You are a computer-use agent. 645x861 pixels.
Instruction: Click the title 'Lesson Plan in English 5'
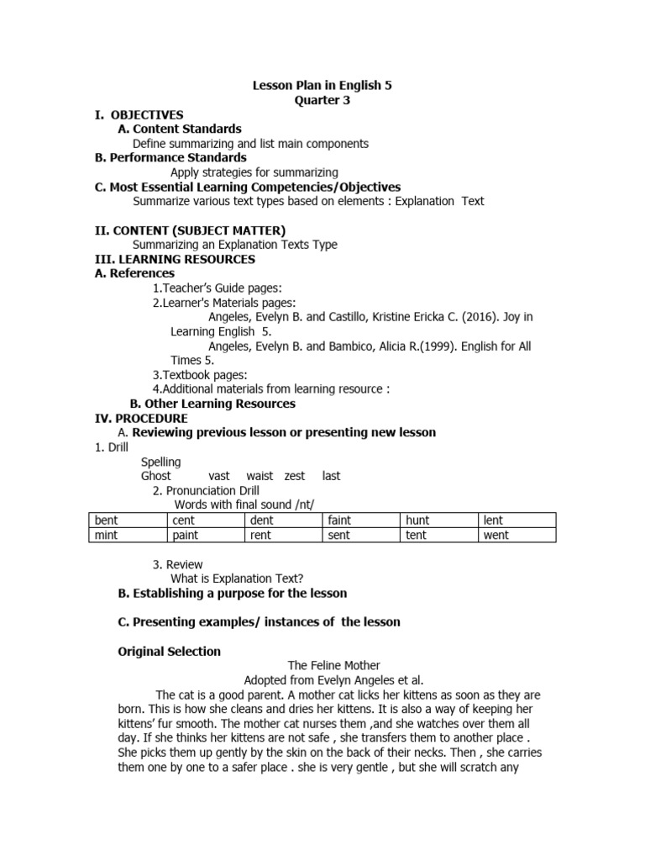322,86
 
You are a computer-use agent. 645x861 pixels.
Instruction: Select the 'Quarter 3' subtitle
322,100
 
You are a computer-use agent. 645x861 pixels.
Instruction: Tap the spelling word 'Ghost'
156,476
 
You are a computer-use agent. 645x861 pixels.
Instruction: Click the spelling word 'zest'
295,476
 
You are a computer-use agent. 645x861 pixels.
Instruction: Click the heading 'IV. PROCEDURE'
141,418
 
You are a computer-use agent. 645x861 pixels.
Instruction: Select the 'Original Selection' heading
170,652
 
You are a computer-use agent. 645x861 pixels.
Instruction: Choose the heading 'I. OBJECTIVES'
139,114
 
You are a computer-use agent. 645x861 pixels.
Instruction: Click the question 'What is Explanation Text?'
237,578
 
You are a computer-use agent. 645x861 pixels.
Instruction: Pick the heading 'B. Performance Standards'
170,157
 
